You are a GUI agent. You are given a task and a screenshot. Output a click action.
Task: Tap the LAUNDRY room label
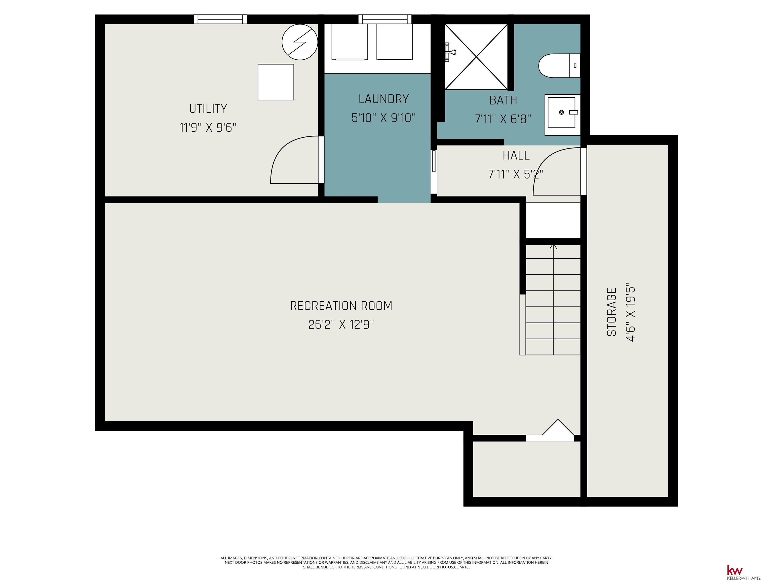(x=384, y=99)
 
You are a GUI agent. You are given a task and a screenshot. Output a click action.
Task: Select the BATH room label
(x=503, y=101)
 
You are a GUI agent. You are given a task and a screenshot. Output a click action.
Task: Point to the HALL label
(x=516, y=156)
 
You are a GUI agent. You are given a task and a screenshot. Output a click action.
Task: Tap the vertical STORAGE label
(x=611, y=312)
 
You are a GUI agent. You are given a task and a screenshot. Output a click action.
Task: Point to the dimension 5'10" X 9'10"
(x=384, y=118)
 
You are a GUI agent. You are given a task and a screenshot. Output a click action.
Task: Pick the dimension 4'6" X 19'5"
(x=630, y=312)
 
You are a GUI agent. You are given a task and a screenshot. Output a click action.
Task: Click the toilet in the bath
(x=559, y=66)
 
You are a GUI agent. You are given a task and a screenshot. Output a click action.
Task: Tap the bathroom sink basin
(x=561, y=112)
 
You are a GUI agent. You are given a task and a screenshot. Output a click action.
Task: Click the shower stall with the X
(x=476, y=57)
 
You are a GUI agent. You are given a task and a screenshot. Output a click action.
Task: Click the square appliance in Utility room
(x=276, y=82)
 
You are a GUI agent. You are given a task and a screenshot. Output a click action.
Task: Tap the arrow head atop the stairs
(x=553, y=246)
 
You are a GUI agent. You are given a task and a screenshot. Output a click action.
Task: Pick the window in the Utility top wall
(x=220, y=19)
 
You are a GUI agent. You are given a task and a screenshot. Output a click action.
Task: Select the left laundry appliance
(x=350, y=42)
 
